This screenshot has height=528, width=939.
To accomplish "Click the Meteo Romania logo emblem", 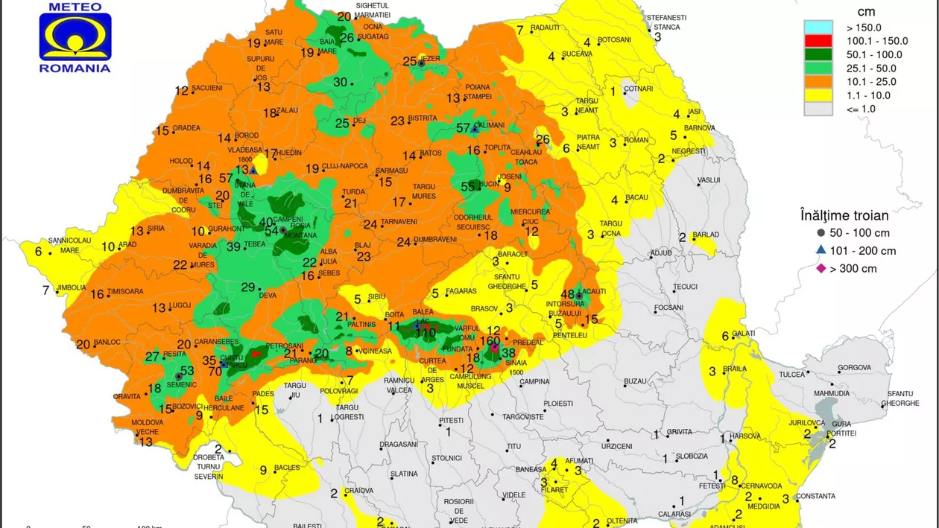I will point(75,37).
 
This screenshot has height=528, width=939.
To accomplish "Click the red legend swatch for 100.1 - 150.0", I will point(818,41).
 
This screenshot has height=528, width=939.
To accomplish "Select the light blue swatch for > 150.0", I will point(818,28).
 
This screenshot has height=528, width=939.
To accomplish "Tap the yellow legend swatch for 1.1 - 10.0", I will point(818,95).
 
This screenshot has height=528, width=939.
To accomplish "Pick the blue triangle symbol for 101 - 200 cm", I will point(821,250).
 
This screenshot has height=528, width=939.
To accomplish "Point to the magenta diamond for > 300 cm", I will point(821,268).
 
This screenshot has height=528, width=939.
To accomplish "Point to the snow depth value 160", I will point(490,341).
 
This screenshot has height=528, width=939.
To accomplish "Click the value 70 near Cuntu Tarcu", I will point(215,371).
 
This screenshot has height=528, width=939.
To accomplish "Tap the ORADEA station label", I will point(186,128).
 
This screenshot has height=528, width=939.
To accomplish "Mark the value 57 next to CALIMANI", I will point(463,127).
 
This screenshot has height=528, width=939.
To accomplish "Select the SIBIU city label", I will point(376,296).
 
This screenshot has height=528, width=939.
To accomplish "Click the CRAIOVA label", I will point(358,491).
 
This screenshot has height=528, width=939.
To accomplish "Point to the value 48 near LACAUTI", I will point(568,293).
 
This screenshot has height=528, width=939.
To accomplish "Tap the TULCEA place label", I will point(791,375).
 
